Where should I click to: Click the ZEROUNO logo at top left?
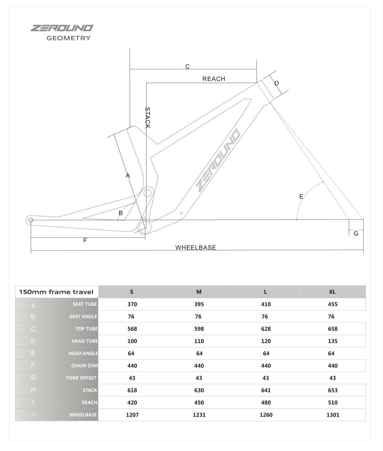62,28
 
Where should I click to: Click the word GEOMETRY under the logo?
69,38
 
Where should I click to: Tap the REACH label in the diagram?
214,79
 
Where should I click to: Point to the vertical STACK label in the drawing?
148,118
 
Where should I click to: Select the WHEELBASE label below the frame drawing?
196,247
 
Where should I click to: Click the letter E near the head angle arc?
301,196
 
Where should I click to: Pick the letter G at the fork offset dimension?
356,233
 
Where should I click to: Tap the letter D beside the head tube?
277,83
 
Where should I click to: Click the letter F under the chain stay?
85,240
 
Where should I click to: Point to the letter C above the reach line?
187,66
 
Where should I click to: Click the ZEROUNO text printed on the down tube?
218,160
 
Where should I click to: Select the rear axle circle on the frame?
30,220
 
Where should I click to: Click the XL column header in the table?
332,292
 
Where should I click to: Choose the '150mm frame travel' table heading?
56,292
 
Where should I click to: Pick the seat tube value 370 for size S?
132,304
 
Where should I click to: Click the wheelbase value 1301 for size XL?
333,415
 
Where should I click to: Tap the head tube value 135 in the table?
333,341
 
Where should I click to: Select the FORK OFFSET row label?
81,378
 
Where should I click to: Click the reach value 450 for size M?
199,402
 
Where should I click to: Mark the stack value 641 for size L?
266,390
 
